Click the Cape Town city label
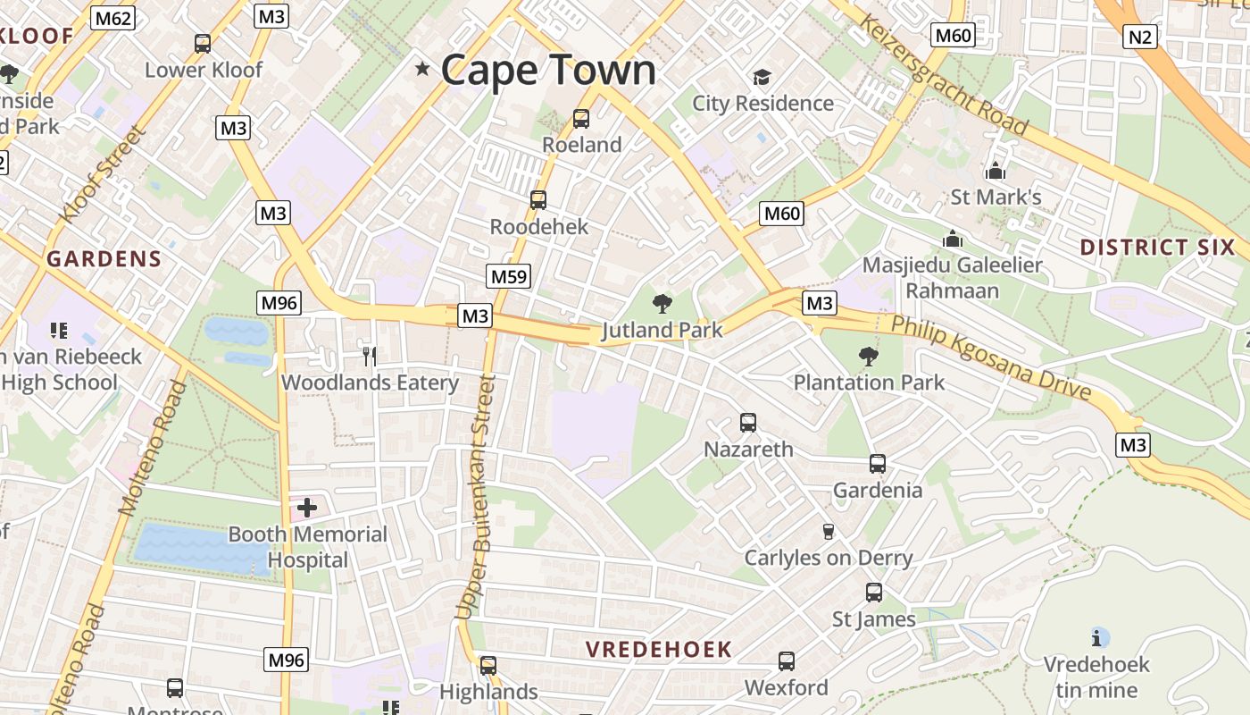coord(548,70)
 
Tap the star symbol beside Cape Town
coord(422,69)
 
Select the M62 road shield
coord(112,17)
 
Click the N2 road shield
coord(1140,37)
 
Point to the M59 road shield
coord(509,276)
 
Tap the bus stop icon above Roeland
coord(580,118)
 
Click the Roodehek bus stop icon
coord(537,200)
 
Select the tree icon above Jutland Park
coord(662,304)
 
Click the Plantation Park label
coord(869,383)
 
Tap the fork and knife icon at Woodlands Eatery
coord(369,356)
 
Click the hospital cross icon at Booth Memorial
coord(306,509)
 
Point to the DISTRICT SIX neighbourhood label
coord(1157,248)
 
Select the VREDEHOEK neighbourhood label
coord(659,650)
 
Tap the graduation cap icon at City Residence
coord(762,78)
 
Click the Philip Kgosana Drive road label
coord(991,357)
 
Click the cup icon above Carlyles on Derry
coord(828,531)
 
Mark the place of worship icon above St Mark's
coord(995,171)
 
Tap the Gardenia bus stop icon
coord(877,464)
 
